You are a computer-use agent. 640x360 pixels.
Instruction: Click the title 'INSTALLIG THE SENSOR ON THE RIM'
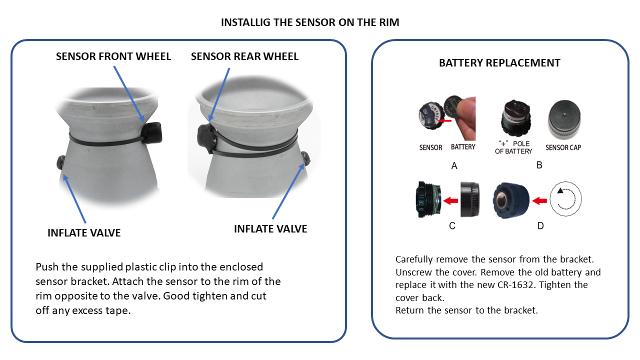pos(310,22)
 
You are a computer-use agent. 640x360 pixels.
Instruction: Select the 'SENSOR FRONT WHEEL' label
pos(113,56)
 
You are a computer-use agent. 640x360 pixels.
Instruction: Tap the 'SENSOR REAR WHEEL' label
pos(244,56)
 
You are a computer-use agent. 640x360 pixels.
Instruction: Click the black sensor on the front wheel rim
pos(152,132)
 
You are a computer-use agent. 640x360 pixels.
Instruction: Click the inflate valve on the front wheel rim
pos(61,162)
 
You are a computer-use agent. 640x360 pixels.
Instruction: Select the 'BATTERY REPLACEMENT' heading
pos(499,63)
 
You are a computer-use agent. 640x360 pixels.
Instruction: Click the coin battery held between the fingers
pos(452,106)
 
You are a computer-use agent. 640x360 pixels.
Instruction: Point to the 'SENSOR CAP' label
pos(563,147)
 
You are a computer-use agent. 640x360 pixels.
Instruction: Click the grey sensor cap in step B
pos(564,119)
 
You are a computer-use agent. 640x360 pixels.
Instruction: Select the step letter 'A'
pos(454,165)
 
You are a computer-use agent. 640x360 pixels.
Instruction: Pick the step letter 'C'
pos(452,226)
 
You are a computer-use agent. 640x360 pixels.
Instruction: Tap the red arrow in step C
pos(450,200)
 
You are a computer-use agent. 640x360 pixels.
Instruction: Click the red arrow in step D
pos(539,200)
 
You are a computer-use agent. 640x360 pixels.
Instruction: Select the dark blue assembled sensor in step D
pos(511,200)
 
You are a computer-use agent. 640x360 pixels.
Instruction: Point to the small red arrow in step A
pos(444,121)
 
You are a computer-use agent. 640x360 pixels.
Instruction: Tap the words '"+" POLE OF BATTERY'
pos(513,147)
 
